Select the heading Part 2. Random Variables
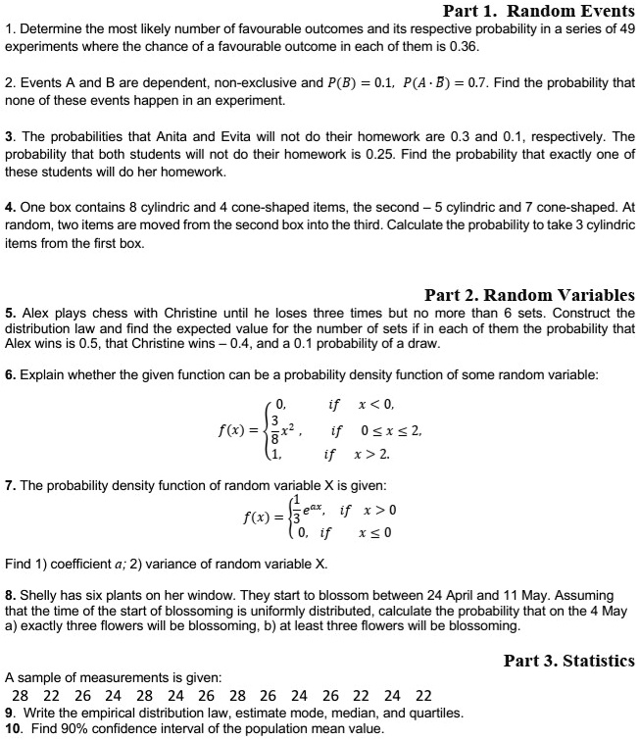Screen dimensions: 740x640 pos(529,294)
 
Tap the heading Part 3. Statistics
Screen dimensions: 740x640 pos(568,661)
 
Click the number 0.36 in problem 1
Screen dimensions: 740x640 pos(464,46)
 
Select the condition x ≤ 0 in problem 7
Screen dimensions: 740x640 pos(376,534)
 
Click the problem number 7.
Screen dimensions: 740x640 pos(10,486)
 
